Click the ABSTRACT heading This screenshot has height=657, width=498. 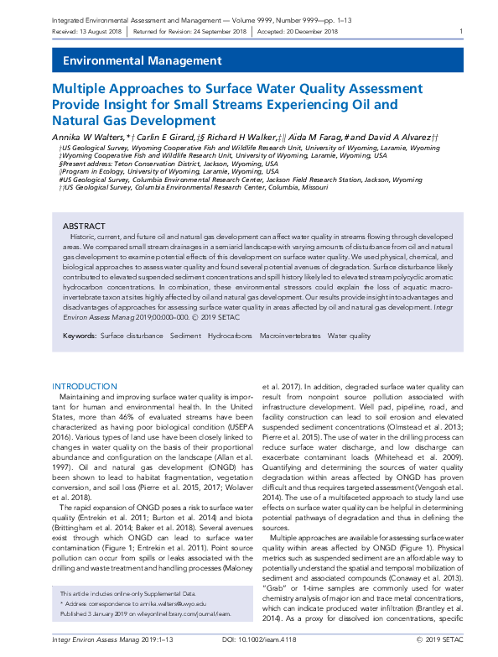coord(85,227)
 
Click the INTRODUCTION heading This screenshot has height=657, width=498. coord(85,386)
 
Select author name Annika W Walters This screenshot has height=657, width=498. coord(89,136)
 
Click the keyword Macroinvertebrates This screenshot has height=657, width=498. coord(266,336)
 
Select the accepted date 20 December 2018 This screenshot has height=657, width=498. coord(311,32)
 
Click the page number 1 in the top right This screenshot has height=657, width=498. coord(461,32)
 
